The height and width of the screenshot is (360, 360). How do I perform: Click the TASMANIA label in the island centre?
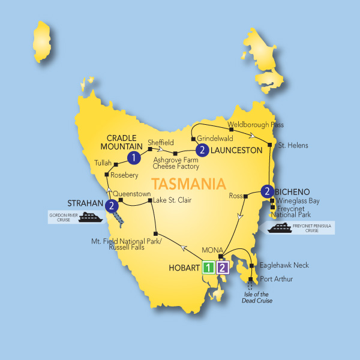click(x=190, y=182)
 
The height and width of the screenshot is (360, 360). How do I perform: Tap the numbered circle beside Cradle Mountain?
click(x=134, y=157)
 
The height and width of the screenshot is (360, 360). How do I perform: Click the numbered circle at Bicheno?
click(x=268, y=192)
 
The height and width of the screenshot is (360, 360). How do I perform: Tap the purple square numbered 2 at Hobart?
click(x=222, y=268)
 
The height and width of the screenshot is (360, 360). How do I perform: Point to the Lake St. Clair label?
click(x=172, y=200)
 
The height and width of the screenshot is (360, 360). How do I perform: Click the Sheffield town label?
click(x=161, y=142)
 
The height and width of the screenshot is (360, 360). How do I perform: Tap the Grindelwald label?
click(x=214, y=138)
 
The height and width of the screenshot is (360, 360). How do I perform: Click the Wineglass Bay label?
click(x=298, y=201)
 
